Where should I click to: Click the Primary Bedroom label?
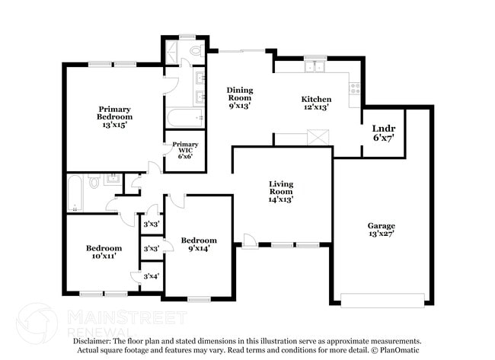click(114, 116)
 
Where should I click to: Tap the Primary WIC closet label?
click(185, 150)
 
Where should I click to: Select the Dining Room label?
click(240, 98)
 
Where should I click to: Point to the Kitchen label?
click(316, 104)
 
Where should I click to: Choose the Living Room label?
click(281, 191)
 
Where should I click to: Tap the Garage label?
click(382, 230)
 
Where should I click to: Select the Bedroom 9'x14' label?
click(198, 244)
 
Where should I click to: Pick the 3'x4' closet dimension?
click(151, 276)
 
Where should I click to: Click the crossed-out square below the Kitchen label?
click(317, 138)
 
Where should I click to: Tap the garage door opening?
click(382, 299)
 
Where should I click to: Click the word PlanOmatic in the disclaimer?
click(395, 351)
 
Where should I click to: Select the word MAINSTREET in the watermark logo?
click(126, 314)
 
